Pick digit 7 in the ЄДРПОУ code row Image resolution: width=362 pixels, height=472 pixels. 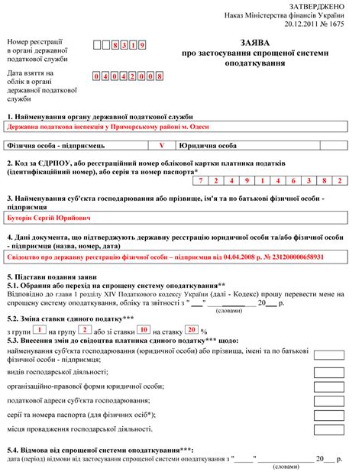(x=201, y=181)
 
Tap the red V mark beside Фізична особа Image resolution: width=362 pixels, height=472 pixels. (x=161, y=144)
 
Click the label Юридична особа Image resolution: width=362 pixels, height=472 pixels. (x=205, y=144)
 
